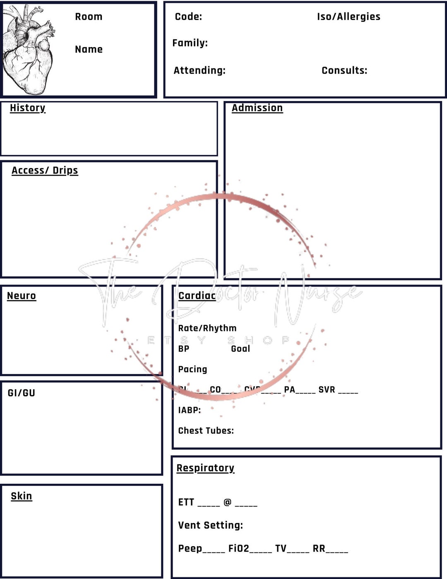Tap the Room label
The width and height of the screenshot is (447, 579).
[x=89, y=17]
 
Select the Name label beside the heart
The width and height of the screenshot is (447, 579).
[x=89, y=49]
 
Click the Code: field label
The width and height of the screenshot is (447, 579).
[x=188, y=17]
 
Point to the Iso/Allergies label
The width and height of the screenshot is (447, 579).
[x=348, y=17]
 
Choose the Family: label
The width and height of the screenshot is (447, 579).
[x=190, y=43]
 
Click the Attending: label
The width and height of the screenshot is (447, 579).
[x=199, y=70]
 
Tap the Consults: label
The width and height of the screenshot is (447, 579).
[x=344, y=70]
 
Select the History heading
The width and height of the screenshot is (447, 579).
[x=28, y=108]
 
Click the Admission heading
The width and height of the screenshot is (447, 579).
[x=257, y=108]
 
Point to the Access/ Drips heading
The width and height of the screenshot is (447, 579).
[x=45, y=170]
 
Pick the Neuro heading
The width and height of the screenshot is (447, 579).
[x=22, y=296]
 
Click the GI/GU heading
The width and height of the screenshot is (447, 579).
[x=22, y=393]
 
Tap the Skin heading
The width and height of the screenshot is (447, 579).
[x=22, y=496]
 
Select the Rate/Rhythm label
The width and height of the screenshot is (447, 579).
[x=207, y=328]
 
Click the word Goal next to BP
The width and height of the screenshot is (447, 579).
[x=240, y=349]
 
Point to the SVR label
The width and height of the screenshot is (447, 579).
[x=327, y=389]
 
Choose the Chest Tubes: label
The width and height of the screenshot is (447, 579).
[x=206, y=431]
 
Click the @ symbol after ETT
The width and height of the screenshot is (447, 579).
[x=227, y=502]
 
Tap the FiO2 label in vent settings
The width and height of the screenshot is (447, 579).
[x=239, y=549]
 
